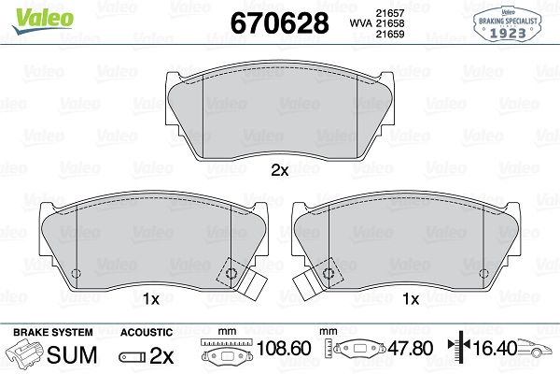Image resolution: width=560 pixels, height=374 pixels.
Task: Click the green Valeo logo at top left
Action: [43, 20]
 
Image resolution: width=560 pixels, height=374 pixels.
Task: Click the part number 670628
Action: [279, 22]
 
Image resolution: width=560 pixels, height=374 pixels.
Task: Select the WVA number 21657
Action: [389, 13]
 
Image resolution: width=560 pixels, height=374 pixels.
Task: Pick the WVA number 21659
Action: [389, 34]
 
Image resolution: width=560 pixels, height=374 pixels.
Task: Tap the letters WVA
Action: [360, 23]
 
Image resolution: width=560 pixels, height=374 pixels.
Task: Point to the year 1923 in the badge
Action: [508, 34]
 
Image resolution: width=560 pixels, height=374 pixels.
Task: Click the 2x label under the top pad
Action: [280, 171]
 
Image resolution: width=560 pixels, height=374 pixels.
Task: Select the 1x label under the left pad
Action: [151, 299]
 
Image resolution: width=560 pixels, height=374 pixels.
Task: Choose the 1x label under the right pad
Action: [411, 299]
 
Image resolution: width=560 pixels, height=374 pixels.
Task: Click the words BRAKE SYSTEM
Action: [53, 332]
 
